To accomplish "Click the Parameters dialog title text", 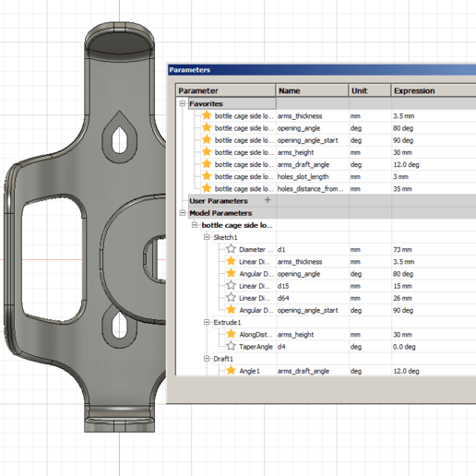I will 190,69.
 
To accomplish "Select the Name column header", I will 290,91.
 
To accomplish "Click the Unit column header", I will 359,91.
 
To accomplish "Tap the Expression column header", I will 414,91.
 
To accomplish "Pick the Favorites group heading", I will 206,104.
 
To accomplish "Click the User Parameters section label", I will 219,200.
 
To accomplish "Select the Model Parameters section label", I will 220,213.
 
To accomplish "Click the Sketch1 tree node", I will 226,237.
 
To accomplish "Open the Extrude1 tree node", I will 228,322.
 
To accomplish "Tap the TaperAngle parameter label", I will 256,346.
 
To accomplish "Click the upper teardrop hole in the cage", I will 118,137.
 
